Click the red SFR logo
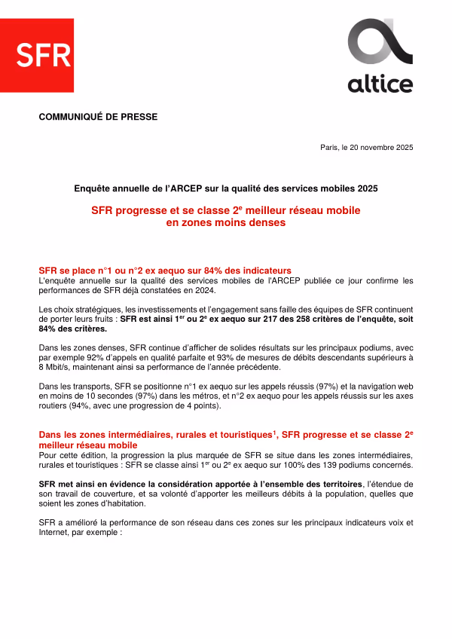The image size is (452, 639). (44, 55)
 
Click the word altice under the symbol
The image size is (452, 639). (380, 84)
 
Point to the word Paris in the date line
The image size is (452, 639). (330, 147)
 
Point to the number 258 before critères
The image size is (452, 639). (304, 319)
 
